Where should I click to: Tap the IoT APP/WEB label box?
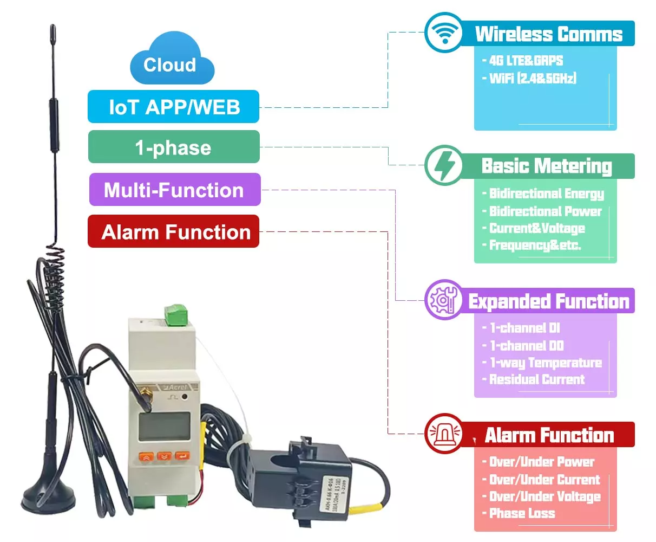tap(174, 107)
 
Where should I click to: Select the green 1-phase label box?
tap(174, 147)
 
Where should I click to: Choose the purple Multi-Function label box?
tap(174, 190)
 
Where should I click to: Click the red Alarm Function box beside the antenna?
tap(174, 232)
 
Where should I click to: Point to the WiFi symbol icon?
tap(444, 33)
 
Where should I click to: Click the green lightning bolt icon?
tap(444, 165)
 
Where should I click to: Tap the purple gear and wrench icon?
tap(444, 300)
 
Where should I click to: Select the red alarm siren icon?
tap(444, 434)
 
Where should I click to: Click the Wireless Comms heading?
tap(549, 34)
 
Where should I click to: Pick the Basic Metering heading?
tap(547, 166)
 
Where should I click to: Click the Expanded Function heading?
tap(549, 301)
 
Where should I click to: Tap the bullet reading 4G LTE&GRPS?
tap(523, 61)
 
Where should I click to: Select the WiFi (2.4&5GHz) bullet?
tap(529, 78)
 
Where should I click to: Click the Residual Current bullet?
tap(534, 379)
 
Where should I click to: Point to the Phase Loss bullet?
tap(519, 513)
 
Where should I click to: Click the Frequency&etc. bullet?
tap(532, 245)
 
